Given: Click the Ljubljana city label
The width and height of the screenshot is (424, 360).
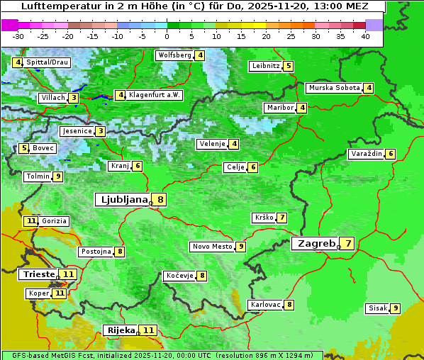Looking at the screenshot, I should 121,200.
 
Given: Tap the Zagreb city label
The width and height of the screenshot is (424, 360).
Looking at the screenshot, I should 316,244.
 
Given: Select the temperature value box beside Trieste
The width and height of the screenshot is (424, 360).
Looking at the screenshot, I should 68,274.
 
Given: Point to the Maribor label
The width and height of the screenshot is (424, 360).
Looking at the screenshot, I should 279,108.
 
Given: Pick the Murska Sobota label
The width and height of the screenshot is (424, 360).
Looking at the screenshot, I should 333,88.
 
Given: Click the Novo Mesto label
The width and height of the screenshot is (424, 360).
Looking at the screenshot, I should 212,247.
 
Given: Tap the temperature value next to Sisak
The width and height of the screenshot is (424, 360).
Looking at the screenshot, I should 395,308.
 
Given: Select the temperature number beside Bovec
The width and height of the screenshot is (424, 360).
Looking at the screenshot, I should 24,148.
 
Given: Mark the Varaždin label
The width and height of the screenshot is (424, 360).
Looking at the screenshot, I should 367,154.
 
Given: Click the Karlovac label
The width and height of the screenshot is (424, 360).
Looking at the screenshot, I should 265,305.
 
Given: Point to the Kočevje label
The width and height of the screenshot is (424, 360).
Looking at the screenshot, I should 179,276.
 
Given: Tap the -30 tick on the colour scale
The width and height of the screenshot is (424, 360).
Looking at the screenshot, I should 18,35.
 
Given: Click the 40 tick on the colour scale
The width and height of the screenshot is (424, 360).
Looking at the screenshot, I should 364,35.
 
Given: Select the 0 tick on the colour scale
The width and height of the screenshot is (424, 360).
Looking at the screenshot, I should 167,35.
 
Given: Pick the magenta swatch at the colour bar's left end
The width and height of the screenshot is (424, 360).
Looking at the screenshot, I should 9,25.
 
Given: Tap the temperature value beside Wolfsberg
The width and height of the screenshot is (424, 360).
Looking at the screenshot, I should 201,55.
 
